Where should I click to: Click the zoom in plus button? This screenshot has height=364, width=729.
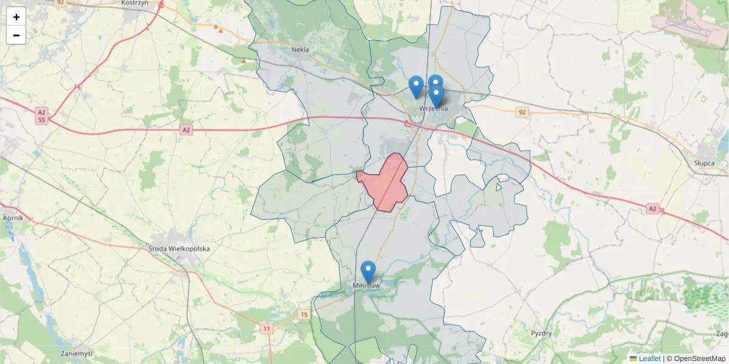[x=16, y=16]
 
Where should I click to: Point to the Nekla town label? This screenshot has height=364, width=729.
[x=300, y=50]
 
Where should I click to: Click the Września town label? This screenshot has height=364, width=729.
[x=434, y=109]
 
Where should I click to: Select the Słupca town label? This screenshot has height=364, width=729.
[x=707, y=163]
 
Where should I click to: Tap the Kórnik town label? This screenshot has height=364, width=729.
[x=12, y=217]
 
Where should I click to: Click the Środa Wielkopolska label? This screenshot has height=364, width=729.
[x=179, y=248]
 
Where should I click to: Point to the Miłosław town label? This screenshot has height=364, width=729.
[x=366, y=285]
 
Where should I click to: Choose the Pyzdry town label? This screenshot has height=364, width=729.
[x=541, y=333]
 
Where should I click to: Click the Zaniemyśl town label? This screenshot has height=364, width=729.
[x=77, y=353]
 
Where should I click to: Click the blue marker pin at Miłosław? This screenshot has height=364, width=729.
[x=368, y=272]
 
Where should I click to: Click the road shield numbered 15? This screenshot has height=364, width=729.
[x=304, y=314]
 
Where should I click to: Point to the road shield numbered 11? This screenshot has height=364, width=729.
[x=267, y=329]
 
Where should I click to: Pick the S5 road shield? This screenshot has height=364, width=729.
[x=41, y=120]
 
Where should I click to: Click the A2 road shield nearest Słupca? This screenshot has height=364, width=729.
[x=652, y=209]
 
